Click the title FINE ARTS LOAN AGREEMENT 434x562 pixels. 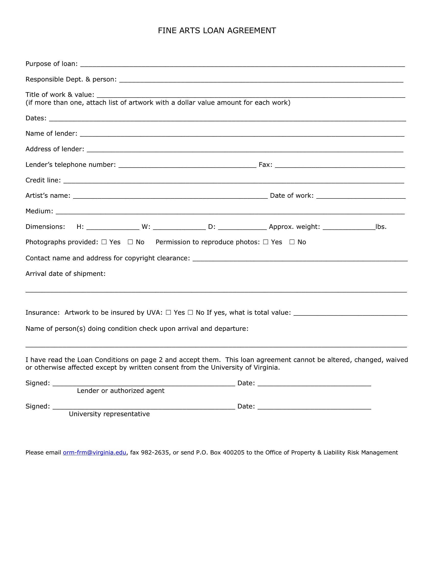tap(217, 31)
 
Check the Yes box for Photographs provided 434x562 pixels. tap(104, 242)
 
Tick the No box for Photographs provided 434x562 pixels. tap(130, 242)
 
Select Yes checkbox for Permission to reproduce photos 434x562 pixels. tap(266, 242)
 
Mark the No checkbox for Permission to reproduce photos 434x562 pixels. tap(292, 242)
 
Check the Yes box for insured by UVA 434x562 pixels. tap(168, 312)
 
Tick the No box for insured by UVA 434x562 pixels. tap(190, 312)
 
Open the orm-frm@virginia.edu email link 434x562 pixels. tap(94, 452)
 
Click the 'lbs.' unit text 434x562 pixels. tap(381, 227)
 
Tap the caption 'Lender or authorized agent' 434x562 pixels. tap(120, 391)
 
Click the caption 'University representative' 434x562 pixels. tap(109, 414)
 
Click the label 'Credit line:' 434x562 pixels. tap(43, 180)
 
